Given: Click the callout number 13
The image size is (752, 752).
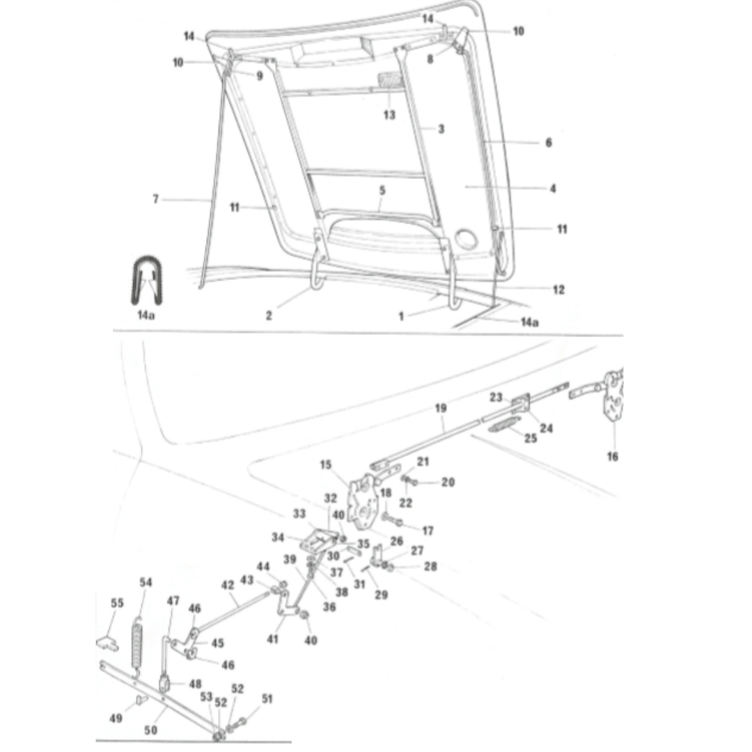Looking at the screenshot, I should (x=389, y=115).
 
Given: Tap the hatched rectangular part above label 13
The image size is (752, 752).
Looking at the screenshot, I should (x=391, y=80).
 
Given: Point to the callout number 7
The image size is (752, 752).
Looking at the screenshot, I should (x=156, y=200).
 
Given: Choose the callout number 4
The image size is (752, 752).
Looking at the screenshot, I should (x=553, y=189).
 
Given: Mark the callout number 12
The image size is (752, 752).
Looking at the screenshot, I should (x=558, y=290).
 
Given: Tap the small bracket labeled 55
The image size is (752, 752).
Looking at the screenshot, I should (x=105, y=639).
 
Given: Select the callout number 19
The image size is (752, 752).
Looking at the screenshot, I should (x=440, y=408).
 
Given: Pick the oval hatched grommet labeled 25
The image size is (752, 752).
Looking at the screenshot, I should (x=503, y=425).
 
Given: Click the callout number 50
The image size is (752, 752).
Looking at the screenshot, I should (x=150, y=730).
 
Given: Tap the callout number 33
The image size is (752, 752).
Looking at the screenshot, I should (x=299, y=514).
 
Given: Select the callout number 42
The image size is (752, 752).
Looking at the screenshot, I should (x=228, y=586).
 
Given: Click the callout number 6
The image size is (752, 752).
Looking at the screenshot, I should (x=549, y=143).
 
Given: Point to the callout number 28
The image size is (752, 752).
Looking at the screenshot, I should (x=430, y=567).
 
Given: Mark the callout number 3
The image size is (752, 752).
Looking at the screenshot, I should (x=441, y=129).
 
